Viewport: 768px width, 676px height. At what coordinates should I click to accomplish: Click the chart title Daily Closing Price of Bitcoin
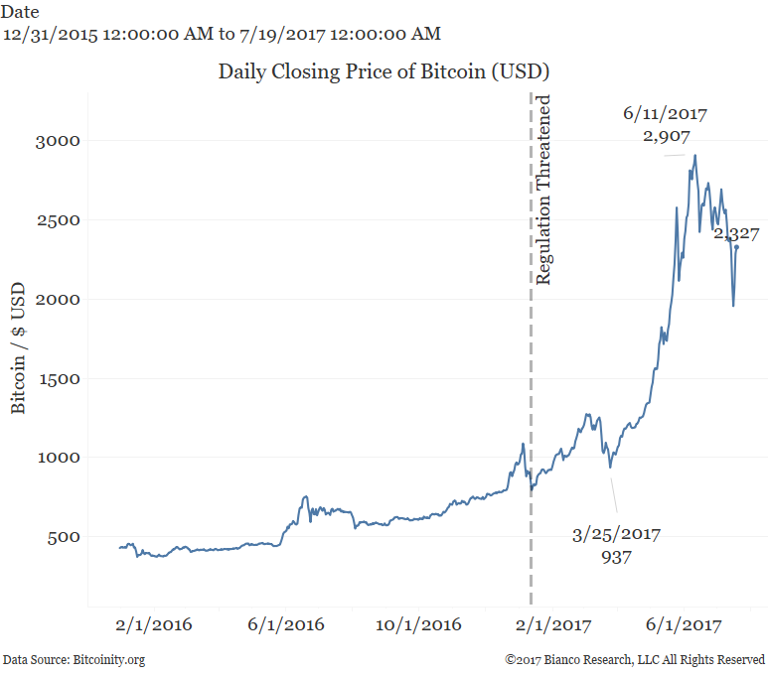(384, 71)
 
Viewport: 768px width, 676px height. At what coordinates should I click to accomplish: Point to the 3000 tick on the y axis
(59, 140)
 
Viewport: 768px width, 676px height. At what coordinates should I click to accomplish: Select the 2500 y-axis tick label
(59, 219)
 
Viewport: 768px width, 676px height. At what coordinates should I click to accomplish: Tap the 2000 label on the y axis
(59, 299)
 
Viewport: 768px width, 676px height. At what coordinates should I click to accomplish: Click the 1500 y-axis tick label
(59, 378)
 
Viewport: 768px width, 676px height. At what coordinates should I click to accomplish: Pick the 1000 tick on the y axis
(59, 458)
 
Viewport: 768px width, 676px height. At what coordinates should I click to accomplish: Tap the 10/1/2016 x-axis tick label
(418, 625)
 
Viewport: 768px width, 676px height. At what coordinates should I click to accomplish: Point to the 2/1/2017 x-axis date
(551, 625)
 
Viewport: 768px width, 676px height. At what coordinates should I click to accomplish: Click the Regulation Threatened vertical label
(543, 190)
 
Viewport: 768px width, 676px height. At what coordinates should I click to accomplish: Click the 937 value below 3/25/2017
(616, 557)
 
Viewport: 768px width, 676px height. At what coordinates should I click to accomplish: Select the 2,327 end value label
(736, 234)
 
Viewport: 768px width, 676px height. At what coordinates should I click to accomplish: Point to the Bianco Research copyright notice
(634, 659)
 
